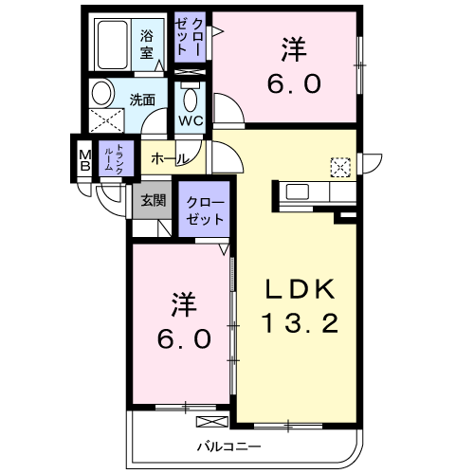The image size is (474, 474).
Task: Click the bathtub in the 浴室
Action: (113, 45)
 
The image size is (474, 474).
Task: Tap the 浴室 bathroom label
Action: (147, 44)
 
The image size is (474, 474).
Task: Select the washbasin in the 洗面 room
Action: (102, 93)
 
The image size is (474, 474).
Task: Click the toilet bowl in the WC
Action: (191, 99)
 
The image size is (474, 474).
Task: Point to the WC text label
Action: (191, 120)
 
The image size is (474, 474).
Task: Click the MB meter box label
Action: (85, 161)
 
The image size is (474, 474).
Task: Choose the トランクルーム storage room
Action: (117, 158)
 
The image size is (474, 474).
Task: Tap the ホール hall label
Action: (170, 159)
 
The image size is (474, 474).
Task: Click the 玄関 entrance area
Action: (153, 200)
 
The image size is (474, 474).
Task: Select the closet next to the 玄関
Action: (204, 209)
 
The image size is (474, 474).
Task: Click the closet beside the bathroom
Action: (191, 37)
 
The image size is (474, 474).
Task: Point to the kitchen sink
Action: (298, 191)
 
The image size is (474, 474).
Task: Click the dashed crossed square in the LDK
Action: (340, 167)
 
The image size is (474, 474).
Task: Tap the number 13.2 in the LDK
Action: (300, 322)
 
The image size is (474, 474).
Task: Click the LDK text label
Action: (300, 289)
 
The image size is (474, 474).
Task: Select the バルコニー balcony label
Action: (229, 447)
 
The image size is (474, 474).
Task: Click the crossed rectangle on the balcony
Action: (212, 422)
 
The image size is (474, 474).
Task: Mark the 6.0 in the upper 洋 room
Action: (294, 83)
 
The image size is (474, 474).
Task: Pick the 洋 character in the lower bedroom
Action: (184, 305)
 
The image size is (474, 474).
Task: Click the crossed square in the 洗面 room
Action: (106, 120)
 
